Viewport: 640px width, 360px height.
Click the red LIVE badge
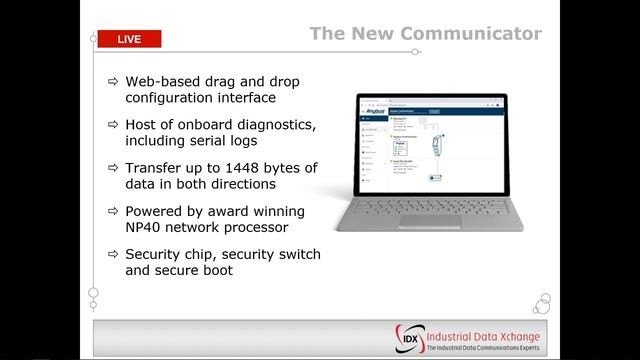click(128, 39)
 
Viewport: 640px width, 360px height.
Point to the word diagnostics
click(270, 123)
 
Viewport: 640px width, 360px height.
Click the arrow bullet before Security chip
click(112, 255)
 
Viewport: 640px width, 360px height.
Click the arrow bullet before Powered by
click(112, 211)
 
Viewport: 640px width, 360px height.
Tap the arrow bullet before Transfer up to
click(112, 167)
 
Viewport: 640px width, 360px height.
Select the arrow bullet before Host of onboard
click(112, 123)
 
